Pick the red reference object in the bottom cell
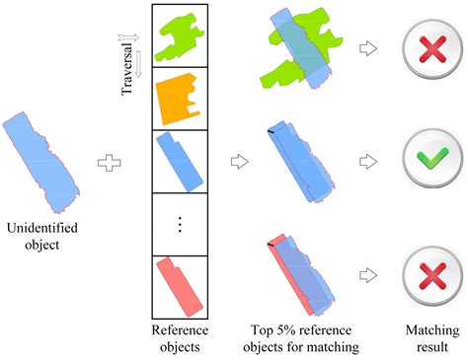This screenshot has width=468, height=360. pos(179,284)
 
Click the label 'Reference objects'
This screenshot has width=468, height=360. pos(179,338)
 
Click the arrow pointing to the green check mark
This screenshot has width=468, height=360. pos(370,158)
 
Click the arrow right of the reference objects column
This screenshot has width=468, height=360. pos(237,157)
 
